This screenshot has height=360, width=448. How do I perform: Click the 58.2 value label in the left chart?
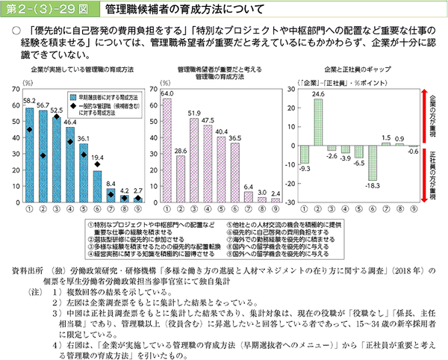(x=29, y=100)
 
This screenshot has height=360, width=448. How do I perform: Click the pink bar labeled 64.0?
(x=167, y=150)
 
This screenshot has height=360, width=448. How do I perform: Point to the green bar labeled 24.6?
(x=319, y=120)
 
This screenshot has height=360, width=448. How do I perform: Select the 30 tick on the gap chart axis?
(x=291, y=89)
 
